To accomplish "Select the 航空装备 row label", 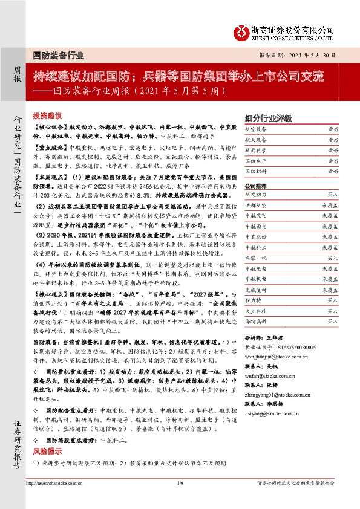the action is tap(254, 129).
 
